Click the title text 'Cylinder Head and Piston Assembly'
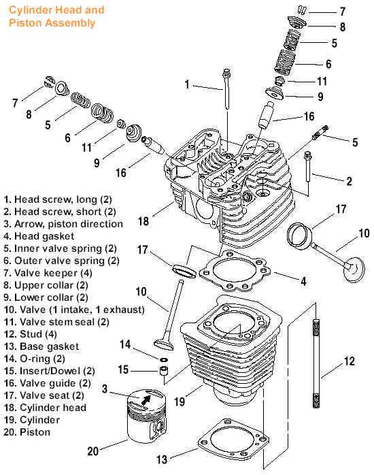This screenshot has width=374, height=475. coord(56,17)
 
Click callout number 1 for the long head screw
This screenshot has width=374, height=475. coord(186,85)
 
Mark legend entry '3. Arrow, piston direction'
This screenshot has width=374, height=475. coord(63,223)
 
